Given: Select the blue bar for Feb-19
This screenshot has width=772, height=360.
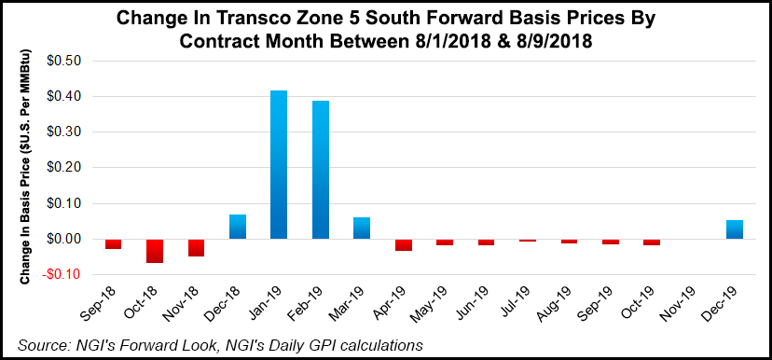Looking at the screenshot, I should (x=320, y=170).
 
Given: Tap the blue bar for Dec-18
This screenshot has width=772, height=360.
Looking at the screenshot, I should (x=238, y=227).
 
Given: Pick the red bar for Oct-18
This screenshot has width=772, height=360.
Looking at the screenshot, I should (x=155, y=251).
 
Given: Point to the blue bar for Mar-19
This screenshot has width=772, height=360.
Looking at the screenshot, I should (x=361, y=228).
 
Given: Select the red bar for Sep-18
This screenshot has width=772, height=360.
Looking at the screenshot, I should (x=114, y=243).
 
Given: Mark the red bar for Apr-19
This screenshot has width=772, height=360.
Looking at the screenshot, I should (x=403, y=244).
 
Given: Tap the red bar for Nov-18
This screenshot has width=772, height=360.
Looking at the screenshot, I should (x=197, y=247).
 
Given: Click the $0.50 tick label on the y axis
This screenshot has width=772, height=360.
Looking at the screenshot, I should (x=67, y=61).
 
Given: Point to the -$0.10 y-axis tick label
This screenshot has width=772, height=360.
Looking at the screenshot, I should (x=65, y=275).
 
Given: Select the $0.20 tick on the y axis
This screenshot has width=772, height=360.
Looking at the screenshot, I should (x=67, y=168).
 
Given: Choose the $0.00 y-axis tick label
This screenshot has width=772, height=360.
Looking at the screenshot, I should (x=67, y=240).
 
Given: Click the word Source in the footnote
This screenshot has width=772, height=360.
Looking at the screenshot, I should (x=41, y=345).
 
